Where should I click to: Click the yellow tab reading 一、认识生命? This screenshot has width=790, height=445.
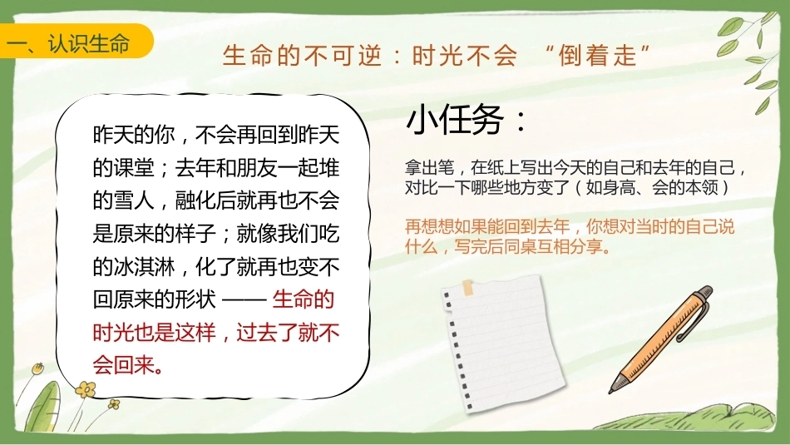[75, 41]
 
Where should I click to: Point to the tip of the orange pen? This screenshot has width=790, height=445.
[611, 391]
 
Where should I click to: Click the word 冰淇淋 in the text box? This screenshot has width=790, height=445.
[144, 267]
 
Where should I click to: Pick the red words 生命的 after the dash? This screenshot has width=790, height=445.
[304, 299]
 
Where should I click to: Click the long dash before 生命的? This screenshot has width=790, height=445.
[244, 300]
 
